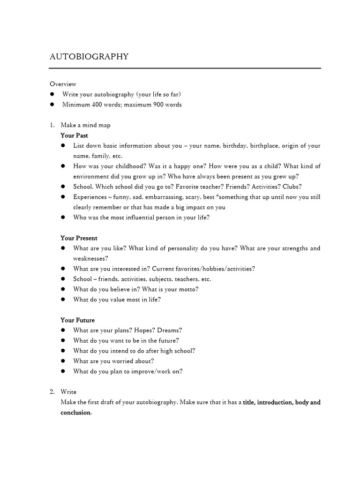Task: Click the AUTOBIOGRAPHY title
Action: [89, 57]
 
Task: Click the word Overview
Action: [63, 84]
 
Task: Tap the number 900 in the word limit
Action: [160, 105]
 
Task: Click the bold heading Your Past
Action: [74, 135]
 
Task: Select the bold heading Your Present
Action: [79, 238]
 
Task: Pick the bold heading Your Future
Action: [77, 320]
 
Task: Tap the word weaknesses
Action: [90, 258]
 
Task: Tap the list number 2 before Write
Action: [52, 392]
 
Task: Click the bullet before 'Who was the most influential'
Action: [63, 217]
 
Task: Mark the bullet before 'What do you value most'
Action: [63, 300]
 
